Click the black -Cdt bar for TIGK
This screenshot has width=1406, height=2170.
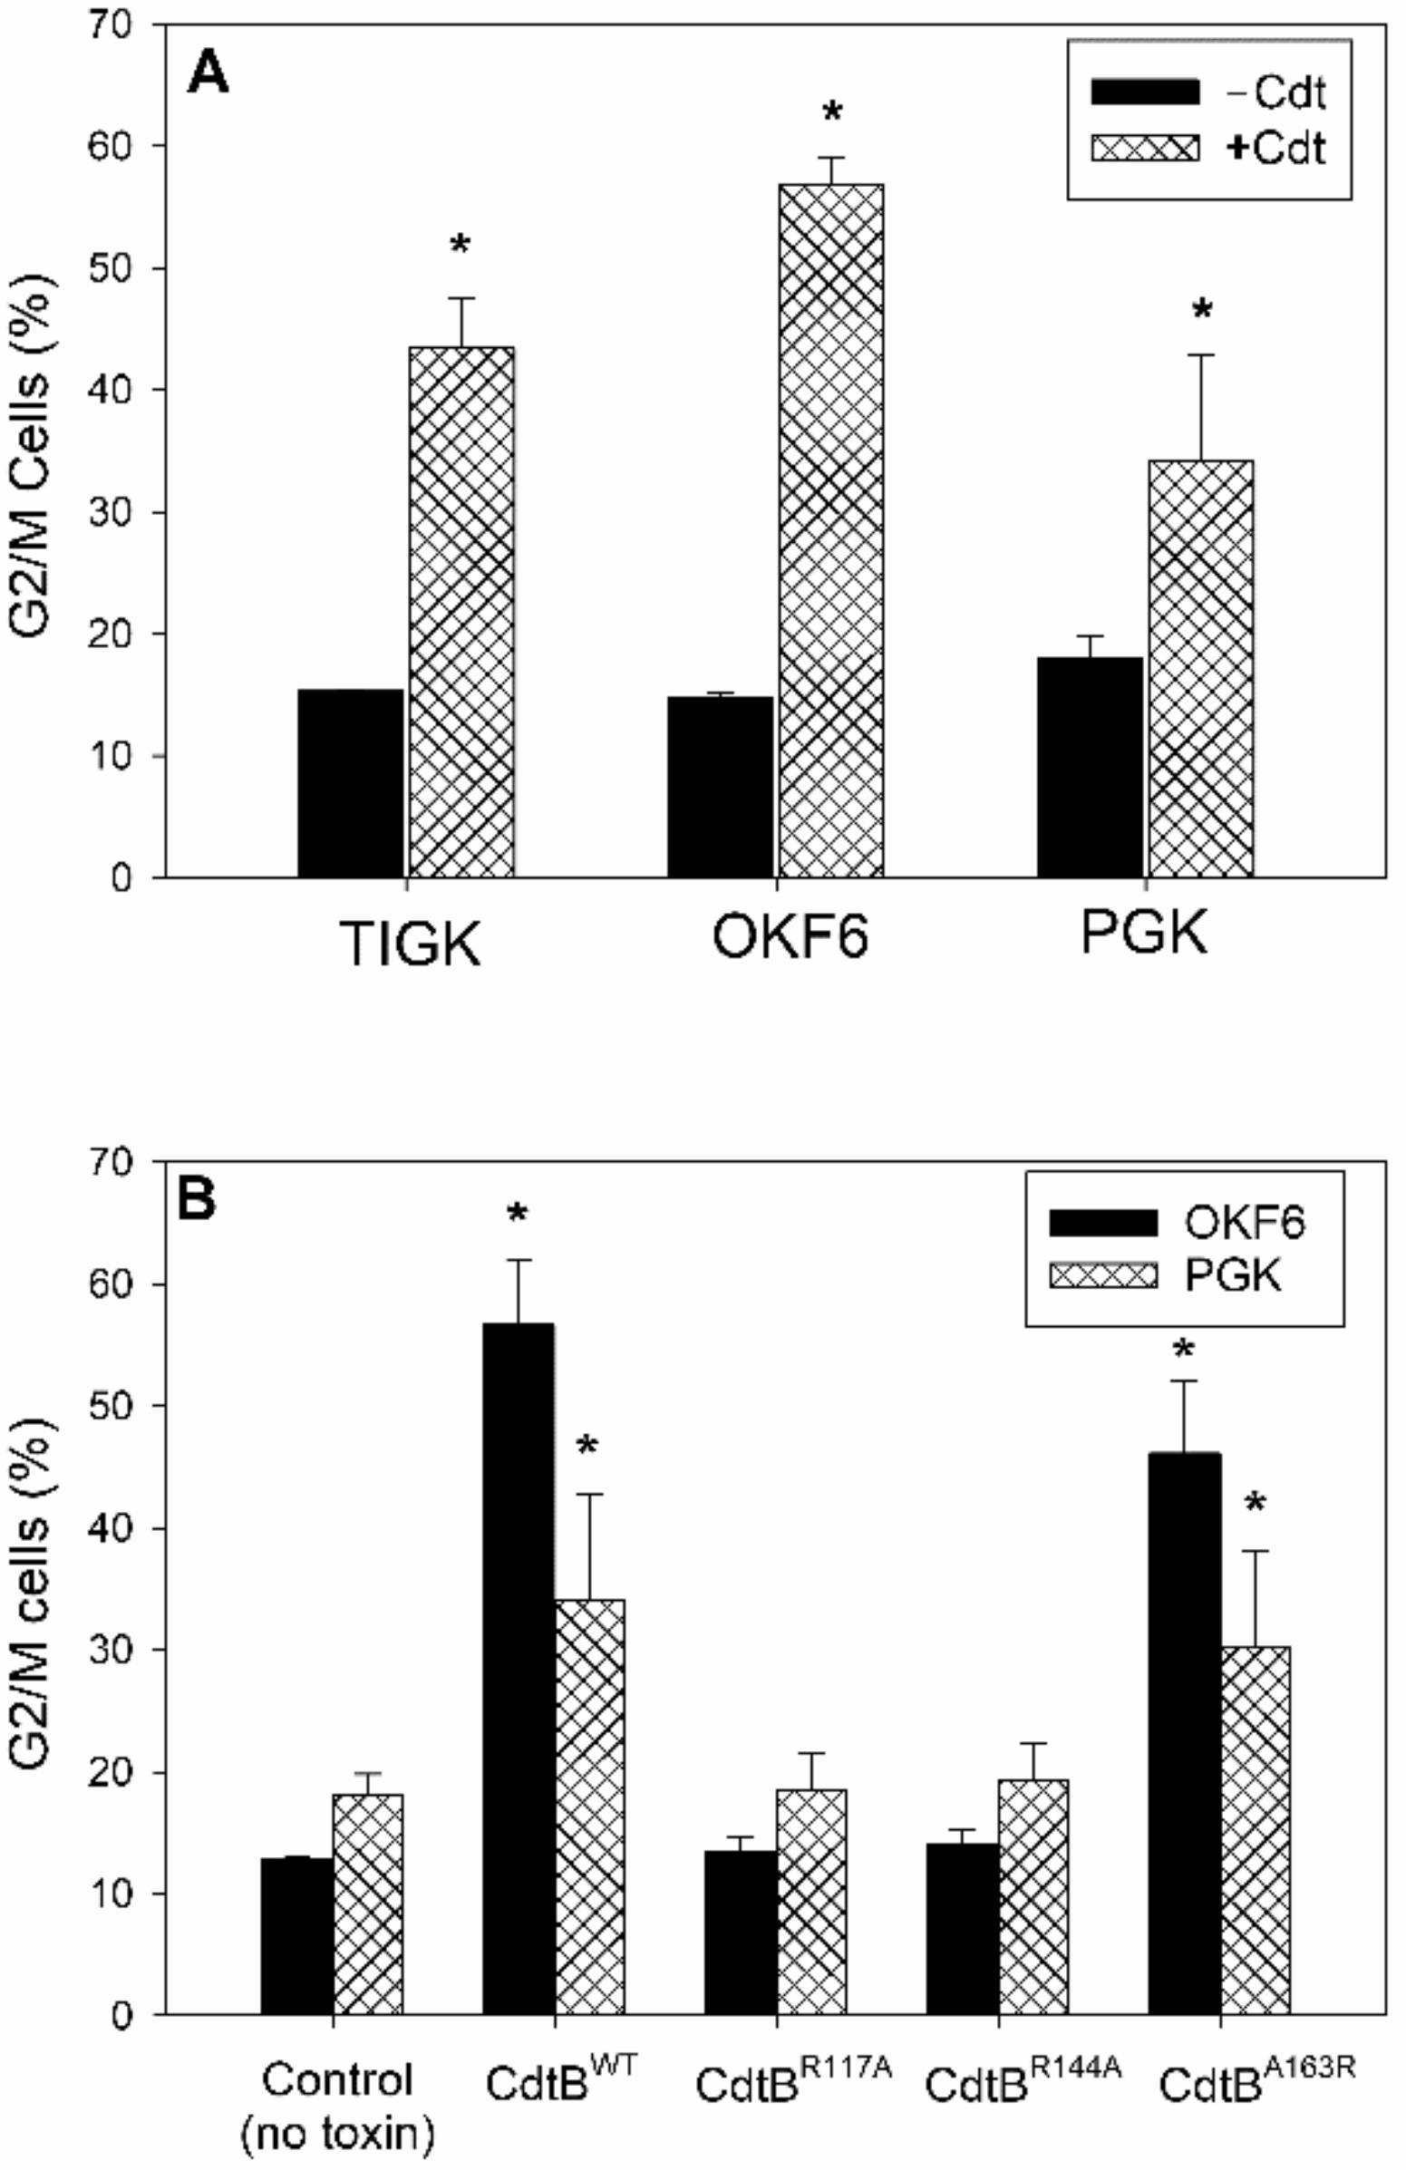tap(350, 783)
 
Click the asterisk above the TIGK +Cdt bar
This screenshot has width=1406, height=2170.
tap(461, 245)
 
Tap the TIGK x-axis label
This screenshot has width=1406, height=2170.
tap(411, 944)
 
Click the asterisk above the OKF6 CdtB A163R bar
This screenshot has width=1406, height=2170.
tap(1185, 1349)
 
